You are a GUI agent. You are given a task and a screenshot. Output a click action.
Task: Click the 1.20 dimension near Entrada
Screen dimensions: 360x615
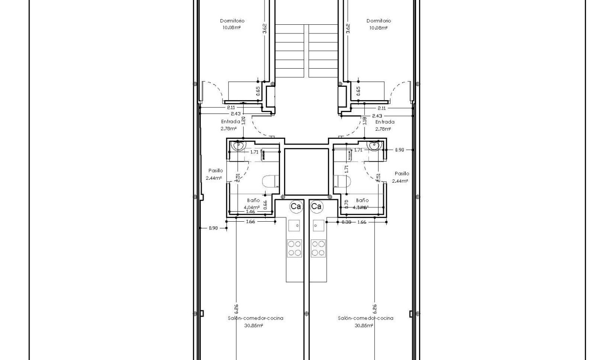tap(243, 121)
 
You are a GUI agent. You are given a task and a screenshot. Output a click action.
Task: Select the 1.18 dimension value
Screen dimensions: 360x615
tap(364, 121)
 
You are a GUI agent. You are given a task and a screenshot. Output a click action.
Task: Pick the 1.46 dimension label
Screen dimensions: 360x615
tap(250, 211)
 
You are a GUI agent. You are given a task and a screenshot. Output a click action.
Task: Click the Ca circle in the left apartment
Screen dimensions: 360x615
tap(296, 206)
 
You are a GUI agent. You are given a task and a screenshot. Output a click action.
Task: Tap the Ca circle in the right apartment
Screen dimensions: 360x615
tap(317, 206)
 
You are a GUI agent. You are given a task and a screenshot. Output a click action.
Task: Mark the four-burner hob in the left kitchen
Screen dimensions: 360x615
tap(294, 248)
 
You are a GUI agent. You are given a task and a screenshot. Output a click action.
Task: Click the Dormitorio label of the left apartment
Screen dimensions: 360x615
tap(232, 21)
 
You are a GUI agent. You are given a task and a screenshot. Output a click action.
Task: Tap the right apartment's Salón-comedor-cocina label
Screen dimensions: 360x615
tap(366, 318)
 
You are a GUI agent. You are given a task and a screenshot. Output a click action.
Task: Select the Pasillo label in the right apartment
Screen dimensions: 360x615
tap(401, 174)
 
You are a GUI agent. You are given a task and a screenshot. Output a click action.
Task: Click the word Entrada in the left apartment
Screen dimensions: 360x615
tap(230, 122)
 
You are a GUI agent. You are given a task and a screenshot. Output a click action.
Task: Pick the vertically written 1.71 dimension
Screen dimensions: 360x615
tap(347, 168)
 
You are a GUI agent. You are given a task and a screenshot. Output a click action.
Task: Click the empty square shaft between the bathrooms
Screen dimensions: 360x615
tap(307, 171)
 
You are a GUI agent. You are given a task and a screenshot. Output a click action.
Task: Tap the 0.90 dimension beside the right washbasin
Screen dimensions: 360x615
tap(399, 150)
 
